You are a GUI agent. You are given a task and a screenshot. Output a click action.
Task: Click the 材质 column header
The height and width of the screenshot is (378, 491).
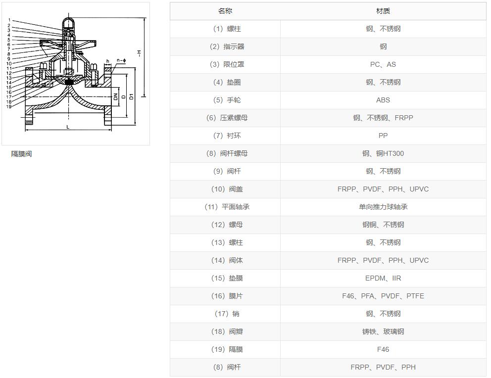point(383,11)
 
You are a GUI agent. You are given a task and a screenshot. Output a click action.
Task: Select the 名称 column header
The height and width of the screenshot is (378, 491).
point(225,11)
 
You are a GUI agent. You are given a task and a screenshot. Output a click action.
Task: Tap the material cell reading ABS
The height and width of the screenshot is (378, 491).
point(383,100)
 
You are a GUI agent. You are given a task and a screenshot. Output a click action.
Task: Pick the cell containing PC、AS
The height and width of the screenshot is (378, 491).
point(383,64)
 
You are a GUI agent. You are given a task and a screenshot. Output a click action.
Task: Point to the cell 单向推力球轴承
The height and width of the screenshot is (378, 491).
point(383,207)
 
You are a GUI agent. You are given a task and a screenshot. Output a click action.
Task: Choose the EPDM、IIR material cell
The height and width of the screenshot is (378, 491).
point(383,278)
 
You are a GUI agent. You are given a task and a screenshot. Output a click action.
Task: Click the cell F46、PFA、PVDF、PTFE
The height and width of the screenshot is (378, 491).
point(383,296)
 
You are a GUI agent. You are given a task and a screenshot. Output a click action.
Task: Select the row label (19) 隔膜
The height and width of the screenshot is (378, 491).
point(227,349)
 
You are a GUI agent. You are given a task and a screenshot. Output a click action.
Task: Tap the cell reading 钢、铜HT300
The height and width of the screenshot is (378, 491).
point(383,154)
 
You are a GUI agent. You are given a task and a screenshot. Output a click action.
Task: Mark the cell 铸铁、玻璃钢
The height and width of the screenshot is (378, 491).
point(383,331)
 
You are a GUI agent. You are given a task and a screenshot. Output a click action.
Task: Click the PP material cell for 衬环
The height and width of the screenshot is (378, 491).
point(383,136)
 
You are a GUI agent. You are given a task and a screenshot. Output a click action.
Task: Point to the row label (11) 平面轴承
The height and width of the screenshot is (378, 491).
point(227,207)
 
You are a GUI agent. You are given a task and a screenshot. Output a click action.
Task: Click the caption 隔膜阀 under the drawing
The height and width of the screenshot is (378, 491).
point(21,154)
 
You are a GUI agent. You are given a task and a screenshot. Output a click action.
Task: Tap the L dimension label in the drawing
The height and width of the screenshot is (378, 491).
point(68,127)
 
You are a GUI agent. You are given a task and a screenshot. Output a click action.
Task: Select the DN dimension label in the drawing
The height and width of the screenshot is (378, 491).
point(115,96)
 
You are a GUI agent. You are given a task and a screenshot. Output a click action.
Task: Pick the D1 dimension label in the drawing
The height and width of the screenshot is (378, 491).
point(131,96)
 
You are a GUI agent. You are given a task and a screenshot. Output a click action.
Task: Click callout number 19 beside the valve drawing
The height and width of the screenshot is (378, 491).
point(9,106)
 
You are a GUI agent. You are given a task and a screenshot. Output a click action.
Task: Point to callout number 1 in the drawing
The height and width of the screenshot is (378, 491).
point(9,20)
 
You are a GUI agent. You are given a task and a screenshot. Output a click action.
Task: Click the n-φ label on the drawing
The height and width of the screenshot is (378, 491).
point(121,60)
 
